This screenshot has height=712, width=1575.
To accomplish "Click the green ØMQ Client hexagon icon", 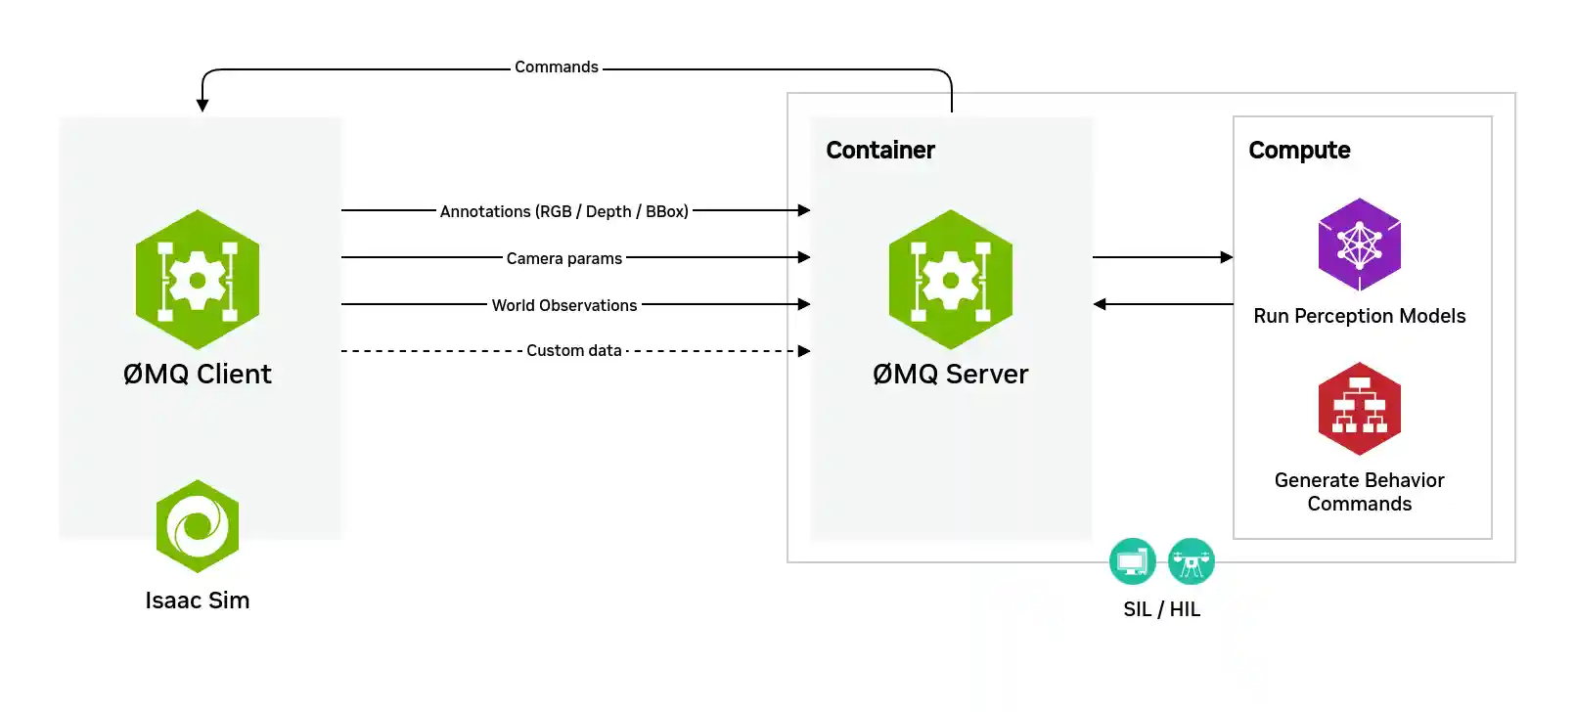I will [198, 280].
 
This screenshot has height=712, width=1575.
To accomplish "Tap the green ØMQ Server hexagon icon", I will [950, 280].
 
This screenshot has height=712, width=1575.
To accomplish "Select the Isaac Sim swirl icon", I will [198, 526].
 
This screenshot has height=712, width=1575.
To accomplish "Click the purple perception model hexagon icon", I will [1359, 245].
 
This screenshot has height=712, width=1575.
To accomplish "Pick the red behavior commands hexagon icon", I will [1359, 409].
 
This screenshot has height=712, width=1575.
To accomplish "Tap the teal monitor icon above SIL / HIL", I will [1132, 561].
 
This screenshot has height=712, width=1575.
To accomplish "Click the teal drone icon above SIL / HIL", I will [1191, 561].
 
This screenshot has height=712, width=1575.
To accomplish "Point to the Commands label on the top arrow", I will [556, 67].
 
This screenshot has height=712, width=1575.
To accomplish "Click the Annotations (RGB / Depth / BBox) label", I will [563, 211].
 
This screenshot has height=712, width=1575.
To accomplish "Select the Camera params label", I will [563, 258].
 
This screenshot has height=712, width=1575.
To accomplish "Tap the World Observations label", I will [563, 305].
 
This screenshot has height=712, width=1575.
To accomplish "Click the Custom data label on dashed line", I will [573, 350].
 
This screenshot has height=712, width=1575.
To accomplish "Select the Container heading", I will [879, 150].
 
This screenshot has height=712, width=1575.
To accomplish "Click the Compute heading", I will [1298, 150].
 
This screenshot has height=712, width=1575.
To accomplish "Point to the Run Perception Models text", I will [1359, 316].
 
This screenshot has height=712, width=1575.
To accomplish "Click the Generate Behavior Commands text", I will [1359, 492].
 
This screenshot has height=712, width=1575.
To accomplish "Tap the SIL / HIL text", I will [1161, 609].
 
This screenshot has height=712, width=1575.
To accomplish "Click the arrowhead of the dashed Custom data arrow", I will [804, 351].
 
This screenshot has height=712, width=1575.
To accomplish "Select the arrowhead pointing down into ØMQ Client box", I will [202, 106].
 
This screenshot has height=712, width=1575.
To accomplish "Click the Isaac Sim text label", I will [198, 601].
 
